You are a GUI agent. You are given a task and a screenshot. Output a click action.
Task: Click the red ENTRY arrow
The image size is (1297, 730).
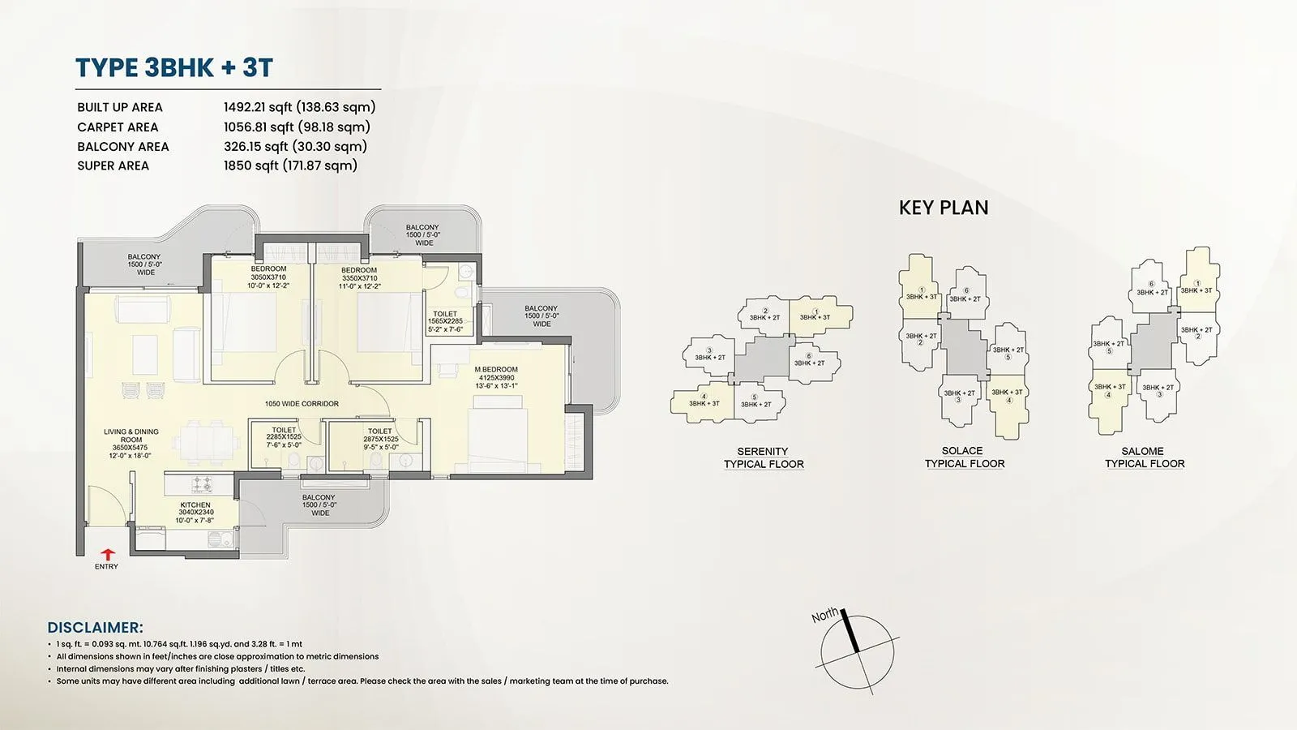tap(106, 554)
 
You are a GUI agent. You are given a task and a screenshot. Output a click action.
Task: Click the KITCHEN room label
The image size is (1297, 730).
tap(195, 505)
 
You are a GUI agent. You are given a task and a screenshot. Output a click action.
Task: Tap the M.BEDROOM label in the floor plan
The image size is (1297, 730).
tap(495, 370)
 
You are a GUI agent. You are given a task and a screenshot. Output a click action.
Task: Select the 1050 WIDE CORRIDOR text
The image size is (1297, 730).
tap(302, 404)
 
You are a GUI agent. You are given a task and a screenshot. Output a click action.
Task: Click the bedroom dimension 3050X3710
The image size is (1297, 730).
tap(268, 278)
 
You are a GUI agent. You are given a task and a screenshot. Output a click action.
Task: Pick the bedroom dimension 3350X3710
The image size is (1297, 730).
tap(359, 278)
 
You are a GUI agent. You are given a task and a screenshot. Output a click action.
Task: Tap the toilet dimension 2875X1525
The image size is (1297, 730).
tap(380, 440)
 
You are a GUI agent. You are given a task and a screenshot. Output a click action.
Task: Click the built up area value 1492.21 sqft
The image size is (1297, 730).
tap(299, 107)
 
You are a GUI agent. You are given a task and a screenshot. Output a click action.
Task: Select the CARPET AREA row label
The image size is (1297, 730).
tap(118, 127)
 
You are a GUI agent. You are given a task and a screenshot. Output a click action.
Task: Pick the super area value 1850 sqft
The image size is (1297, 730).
tap(290, 165)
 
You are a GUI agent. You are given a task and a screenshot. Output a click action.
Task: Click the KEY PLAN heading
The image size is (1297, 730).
tap(944, 208)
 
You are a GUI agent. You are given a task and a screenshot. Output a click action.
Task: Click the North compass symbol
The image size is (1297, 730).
tap(855, 651)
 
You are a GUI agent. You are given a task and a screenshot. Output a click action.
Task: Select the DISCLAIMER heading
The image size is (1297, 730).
tap(95, 628)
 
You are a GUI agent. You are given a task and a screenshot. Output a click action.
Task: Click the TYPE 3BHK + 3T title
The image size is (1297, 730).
tap(174, 68)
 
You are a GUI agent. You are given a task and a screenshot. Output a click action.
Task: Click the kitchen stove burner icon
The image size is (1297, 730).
tap(200, 485)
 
